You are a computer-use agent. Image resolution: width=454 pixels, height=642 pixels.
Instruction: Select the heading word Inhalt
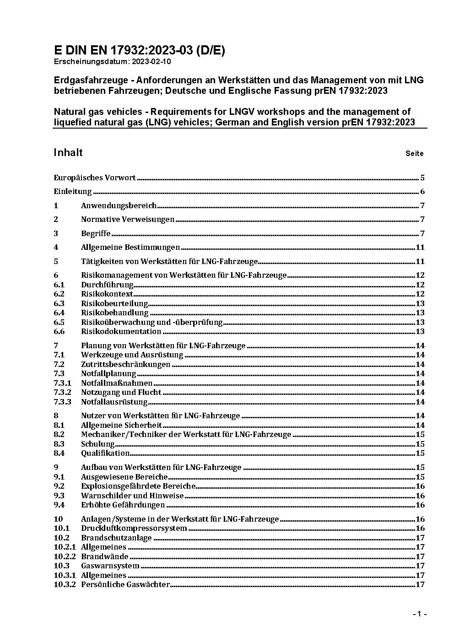click(x=68, y=152)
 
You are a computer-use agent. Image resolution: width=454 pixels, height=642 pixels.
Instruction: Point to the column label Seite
click(x=414, y=154)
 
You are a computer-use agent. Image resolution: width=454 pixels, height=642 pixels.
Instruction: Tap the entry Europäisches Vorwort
click(x=95, y=178)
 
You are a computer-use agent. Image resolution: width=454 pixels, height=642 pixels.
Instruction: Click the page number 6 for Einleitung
click(x=422, y=192)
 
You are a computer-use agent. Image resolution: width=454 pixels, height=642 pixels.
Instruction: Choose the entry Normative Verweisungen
click(x=128, y=220)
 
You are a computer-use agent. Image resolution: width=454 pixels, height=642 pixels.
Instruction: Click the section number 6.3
click(x=59, y=303)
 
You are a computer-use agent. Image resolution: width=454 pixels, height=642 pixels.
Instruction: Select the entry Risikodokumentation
click(x=121, y=332)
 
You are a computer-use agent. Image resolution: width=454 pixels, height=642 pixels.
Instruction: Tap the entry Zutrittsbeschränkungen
click(x=125, y=365)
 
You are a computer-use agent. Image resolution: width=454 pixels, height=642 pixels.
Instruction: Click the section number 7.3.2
click(x=62, y=393)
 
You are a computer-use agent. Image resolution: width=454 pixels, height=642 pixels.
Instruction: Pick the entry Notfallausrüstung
click(x=114, y=402)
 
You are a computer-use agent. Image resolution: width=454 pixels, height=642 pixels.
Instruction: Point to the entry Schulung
click(x=97, y=444)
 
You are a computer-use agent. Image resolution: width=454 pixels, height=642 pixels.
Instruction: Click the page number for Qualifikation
click(x=420, y=453)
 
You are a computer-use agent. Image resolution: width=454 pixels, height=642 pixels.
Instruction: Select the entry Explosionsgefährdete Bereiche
click(x=138, y=486)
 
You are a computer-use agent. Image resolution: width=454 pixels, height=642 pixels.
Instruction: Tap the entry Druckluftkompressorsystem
click(x=134, y=529)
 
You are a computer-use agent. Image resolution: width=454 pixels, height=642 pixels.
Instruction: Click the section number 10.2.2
click(x=65, y=557)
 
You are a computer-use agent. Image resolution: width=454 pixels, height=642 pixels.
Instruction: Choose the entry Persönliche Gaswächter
click(x=125, y=585)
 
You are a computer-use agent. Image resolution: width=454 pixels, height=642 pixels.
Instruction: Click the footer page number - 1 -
click(x=419, y=614)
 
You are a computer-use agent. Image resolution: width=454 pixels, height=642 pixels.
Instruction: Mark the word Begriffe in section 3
click(x=96, y=234)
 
